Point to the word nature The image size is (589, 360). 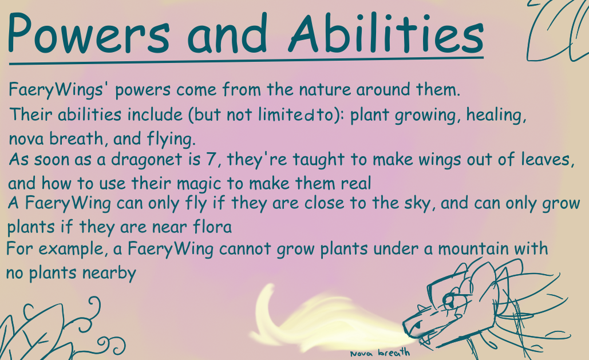point(325,89)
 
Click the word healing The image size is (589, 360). point(496,116)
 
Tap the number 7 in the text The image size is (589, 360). point(211,159)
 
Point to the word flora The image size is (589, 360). point(212,227)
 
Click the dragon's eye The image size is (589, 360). point(449,300)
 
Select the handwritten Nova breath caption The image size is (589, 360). point(380,353)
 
